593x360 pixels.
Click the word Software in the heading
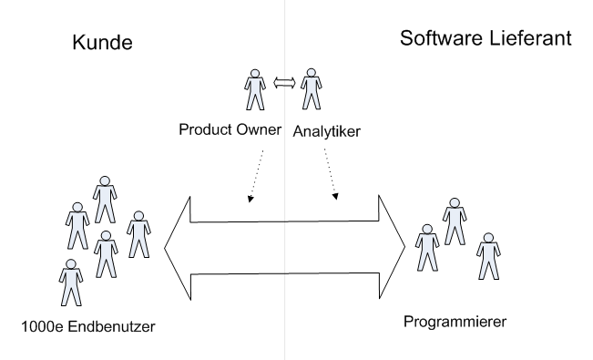[x=435, y=40]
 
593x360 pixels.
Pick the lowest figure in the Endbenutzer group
[x=68, y=282]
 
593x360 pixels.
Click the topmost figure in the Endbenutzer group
[x=104, y=193]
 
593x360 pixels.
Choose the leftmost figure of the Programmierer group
[x=424, y=246]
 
